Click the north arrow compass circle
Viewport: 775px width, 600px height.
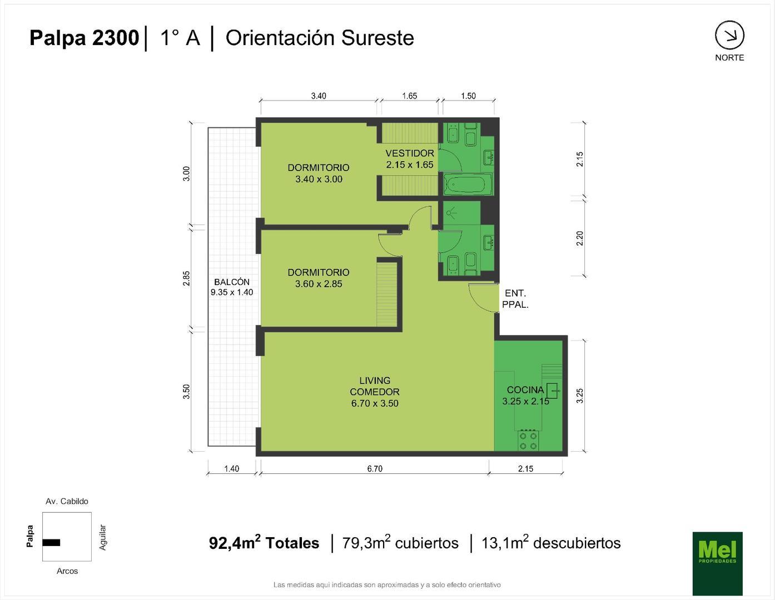pos(729,36)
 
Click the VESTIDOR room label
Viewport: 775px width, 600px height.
pos(410,153)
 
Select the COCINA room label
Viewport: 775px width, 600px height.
pos(525,390)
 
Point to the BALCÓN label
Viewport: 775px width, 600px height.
pos(232,282)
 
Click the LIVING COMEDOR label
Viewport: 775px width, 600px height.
pos(375,386)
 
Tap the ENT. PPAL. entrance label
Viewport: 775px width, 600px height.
pos(515,299)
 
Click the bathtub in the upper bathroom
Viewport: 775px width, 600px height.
pos(467,184)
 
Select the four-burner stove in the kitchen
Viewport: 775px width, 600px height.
pos(528,441)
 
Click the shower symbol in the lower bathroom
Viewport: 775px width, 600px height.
pos(452,212)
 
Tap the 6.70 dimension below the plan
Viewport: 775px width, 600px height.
pos(375,469)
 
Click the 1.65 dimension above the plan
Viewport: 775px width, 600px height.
pos(409,96)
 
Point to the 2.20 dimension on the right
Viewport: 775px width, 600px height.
pos(579,238)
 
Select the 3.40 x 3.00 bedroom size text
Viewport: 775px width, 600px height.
pos(319,179)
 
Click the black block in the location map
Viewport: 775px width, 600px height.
pos(51,542)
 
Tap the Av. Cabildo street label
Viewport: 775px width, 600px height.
pos(67,501)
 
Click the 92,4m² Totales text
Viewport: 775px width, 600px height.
pos(264,543)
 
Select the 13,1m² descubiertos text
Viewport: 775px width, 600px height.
pos(550,543)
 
